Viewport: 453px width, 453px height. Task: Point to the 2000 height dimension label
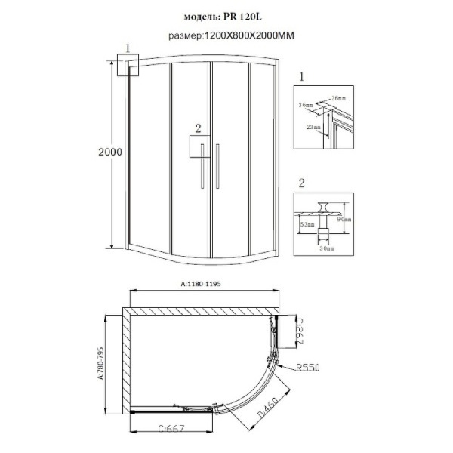pyautogui.click(x=110, y=152)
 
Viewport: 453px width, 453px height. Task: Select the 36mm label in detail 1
pyautogui.click(x=306, y=105)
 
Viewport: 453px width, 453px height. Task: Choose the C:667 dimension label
pyautogui.click(x=174, y=430)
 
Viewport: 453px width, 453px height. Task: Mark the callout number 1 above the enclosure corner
pyautogui.click(x=128, y=48)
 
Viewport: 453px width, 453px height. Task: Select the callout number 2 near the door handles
pyautogui.click(x=198, y=128)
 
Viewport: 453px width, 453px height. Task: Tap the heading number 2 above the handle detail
pyautogui.click(x=301, y=183)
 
